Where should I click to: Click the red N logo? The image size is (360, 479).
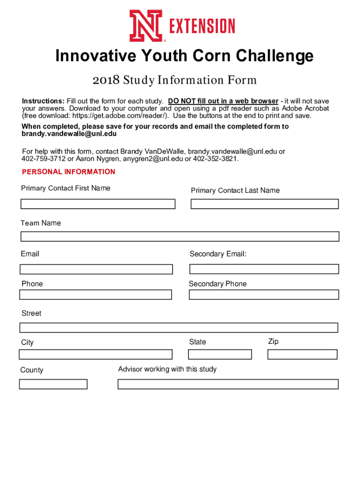[x=146, y=26]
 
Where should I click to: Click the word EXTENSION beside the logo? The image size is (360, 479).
[x=202, y=26]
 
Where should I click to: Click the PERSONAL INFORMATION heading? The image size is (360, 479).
[x=68, y=172]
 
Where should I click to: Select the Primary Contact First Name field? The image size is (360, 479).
[x=98, y=204]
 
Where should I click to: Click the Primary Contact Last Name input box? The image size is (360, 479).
[x=264, y=204]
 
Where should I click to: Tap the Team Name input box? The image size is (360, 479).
[x=180, y=236]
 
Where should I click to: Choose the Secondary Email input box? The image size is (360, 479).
[x=264, y=269]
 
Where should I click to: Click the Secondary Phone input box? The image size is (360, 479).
[x=264, y=295]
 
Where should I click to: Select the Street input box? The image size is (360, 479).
[x=179, y=327]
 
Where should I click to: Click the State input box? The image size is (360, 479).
[x=220, y=354]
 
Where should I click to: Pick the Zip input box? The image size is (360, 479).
[x=302, y=354]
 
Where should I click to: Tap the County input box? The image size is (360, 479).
[x=53, y=384]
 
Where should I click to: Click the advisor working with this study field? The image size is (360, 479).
[x=228, y=384]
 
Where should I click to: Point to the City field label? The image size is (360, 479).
[x=28, y=342]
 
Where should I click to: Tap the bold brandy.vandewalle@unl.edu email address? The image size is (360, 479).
[x=69, y=134]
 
